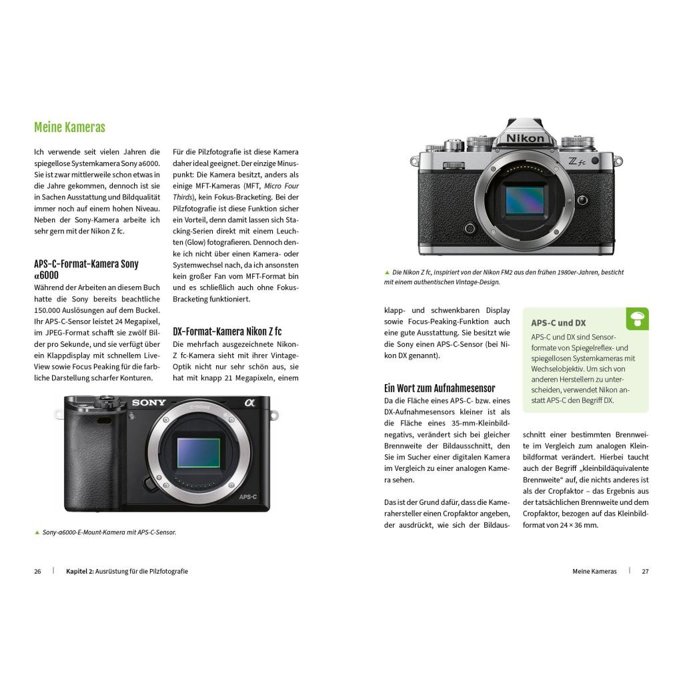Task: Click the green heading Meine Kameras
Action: tap(69, 127)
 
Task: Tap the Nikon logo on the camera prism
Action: tap(525, 139)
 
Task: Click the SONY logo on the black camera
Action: tap(149, 402)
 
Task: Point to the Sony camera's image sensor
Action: tap(199, 453)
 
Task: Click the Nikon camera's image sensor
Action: tap(524, 200)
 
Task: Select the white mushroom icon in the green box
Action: tap(638, 319)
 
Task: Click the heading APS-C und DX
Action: tap(558, 323)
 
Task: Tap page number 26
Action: tap(37, 572)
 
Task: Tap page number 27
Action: tap(645, 572)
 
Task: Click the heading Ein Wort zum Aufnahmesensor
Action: tap(440, 388)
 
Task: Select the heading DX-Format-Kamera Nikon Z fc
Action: tap(227, 331)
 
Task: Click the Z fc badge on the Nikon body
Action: tap(577, 161)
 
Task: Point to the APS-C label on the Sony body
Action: tap(248, 496)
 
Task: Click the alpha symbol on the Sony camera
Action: tap(249, 402)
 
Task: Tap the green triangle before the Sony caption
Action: tap(37, 532)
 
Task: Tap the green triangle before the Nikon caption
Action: tap(387, 272)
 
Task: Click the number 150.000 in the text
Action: tap(49, 310)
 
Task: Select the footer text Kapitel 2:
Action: tap(80, 572)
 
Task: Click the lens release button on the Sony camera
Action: tap(149, 483)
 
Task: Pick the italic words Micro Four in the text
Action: tap(281, 186)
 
